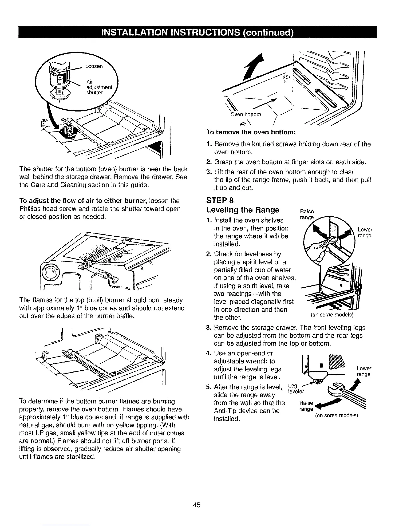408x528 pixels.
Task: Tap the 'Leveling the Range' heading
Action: click(x=243, y=210)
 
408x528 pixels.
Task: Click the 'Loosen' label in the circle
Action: click(x=95, y=66)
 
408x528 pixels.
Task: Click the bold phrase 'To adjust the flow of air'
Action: click(x=55, y=201)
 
